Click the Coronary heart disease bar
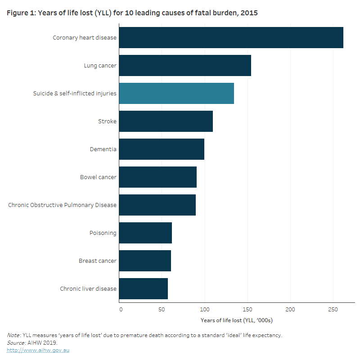[x=231, y=38]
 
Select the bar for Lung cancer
[x=185, y=66]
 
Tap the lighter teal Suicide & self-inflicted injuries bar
[x=176, y=94]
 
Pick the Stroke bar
[x=166, y=121]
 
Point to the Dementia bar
[x=162, y=149]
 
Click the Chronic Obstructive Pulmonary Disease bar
[x=157, y=205]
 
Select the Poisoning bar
[x=145, y=233]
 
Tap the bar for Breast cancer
[x=145, y=261]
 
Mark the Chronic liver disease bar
[x=143, y=289]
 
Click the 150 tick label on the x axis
[x=247, y=310]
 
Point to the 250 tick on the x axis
[x=333, y=310]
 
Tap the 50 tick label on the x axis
[x=162, y=310]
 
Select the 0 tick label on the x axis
[x=121, y=310]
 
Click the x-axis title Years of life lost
[x=237, y=320]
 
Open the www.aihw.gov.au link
[x=38, y=350]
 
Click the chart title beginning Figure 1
[x=132, y=13]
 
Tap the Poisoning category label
[x=103, y=233]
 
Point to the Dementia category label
[x=103, y=149]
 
